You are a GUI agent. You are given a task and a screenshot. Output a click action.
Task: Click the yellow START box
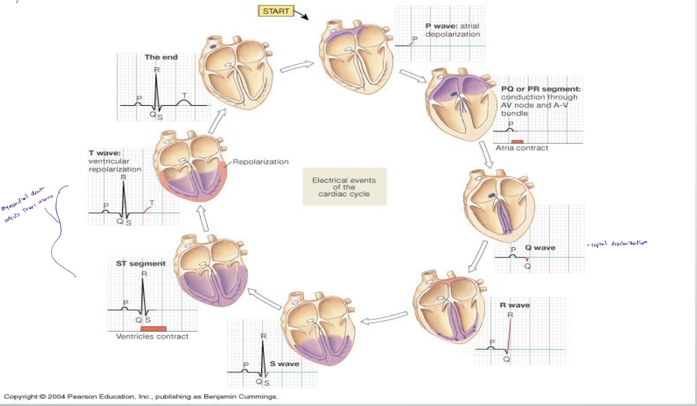[276, 11]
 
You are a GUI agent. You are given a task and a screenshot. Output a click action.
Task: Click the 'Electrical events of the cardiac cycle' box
[344, 186]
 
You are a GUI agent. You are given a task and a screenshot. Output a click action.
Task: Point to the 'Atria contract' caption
[522, 148]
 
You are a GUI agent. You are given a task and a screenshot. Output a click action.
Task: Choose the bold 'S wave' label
[284, 364]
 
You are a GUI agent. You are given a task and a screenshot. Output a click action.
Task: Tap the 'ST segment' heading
[140, 264]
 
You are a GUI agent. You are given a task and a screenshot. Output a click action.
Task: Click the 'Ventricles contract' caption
[152, 336]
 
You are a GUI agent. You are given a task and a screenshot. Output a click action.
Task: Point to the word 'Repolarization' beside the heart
[261, 162]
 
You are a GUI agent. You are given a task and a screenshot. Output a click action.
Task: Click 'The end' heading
[161, 57]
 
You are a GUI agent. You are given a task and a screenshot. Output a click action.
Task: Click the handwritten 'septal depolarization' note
[617, 243]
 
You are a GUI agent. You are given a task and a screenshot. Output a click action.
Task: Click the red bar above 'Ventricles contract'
[154, 329]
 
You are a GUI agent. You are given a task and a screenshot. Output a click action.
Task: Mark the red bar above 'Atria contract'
[517, 142]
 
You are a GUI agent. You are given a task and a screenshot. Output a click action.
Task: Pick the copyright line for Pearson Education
[141, 397]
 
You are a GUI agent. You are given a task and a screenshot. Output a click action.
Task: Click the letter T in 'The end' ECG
[184, 94]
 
